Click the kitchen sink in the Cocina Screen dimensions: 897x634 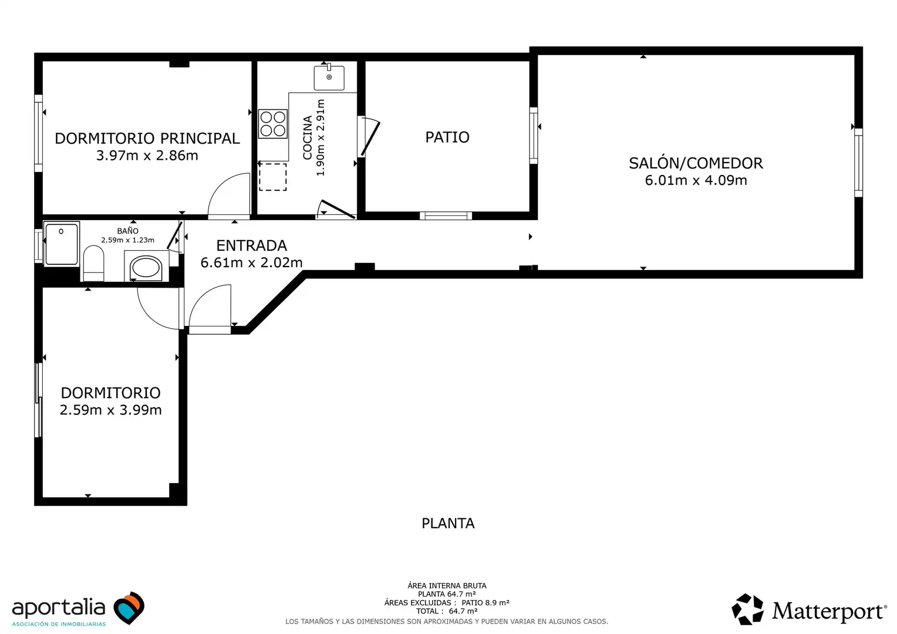point(329,77)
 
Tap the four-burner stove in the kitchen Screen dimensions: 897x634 point(273,124)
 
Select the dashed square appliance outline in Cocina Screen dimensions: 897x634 point(273,177)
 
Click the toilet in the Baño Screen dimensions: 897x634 point(93,263)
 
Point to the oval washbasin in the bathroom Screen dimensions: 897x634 point(146,268)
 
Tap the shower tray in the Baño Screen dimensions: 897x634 point(61,244)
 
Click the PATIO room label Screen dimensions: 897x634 point(447,137)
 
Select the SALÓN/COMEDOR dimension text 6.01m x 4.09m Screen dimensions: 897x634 point(696,180)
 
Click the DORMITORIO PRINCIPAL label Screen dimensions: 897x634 point(147,139)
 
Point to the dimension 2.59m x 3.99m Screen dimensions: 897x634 point(110,410)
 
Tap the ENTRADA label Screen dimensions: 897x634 point(251,245)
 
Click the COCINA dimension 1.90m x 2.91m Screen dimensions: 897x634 point(321,138)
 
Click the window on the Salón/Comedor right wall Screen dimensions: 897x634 point(858,163)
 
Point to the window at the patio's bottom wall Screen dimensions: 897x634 point(446,216)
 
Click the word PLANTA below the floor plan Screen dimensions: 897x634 point(448,524)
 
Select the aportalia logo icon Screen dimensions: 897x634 point(129,608)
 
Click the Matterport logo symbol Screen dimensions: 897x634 point(747,609)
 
